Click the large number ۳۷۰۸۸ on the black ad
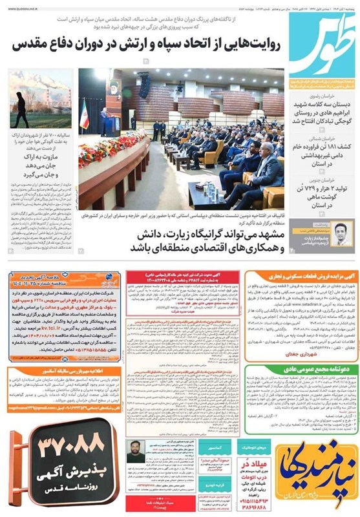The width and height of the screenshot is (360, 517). (58, 447)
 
